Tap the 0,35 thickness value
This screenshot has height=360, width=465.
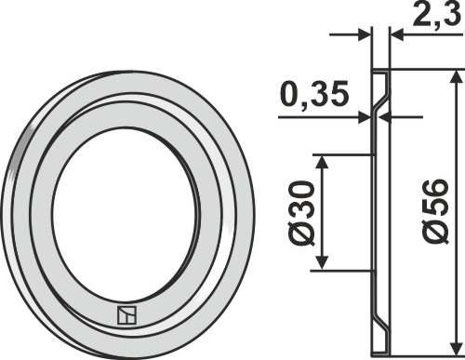[x=314, y=93]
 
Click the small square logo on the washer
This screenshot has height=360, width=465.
[x=126, y=315]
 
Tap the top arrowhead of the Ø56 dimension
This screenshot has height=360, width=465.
[x=455, y=76]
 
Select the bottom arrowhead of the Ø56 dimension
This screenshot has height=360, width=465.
[x=455, y=348]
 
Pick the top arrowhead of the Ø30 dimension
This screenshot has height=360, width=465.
[x=323, y=161]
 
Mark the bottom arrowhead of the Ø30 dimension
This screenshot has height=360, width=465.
[x=323, y=263]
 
